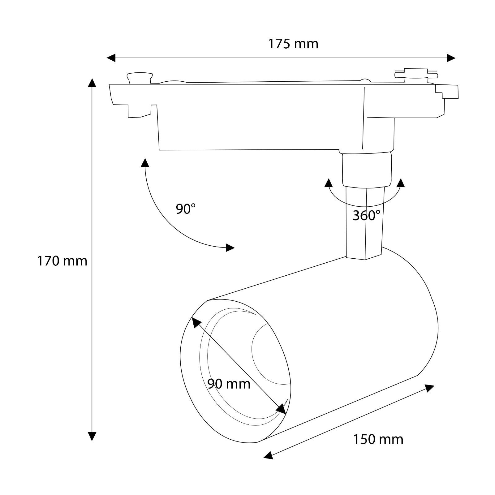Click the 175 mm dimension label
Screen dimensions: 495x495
(x=293, y=44)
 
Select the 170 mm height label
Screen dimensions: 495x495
(x=62, y=261)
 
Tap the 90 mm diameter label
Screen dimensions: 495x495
(x=229, y=384)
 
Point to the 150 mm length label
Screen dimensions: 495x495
(x=378, y=439)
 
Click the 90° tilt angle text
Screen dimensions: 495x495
(x=186, y=209)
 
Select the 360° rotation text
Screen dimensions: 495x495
(x=366, y=216)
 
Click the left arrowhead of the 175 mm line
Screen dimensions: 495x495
(x=111, y=58)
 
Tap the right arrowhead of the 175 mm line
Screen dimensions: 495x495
(x=451, y=58)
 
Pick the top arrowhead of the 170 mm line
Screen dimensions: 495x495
(x=92, y=83)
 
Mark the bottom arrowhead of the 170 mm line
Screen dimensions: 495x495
(x=92, y=436)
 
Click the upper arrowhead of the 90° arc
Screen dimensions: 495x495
(x=145, y=162)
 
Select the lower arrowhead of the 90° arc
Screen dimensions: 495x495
(x=230, y=247)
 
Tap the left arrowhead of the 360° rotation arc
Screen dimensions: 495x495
(x=328, y=183)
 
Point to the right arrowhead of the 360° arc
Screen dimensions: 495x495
(x=401, y=183)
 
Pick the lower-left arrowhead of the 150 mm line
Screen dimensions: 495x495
(x=268, y=455)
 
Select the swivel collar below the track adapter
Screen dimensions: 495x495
(x=367, y=170)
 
